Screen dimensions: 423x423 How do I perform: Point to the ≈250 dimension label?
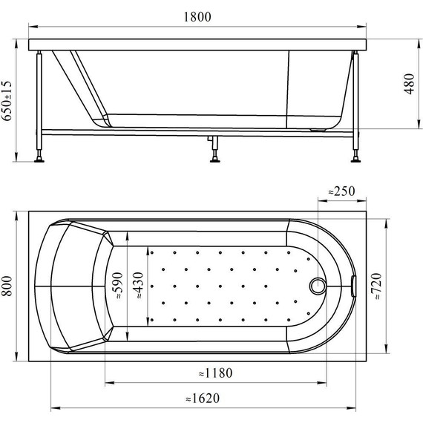pos(342,191)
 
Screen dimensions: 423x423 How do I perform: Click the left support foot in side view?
pos(39,157)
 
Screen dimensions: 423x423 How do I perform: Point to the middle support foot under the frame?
pos(214,154)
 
